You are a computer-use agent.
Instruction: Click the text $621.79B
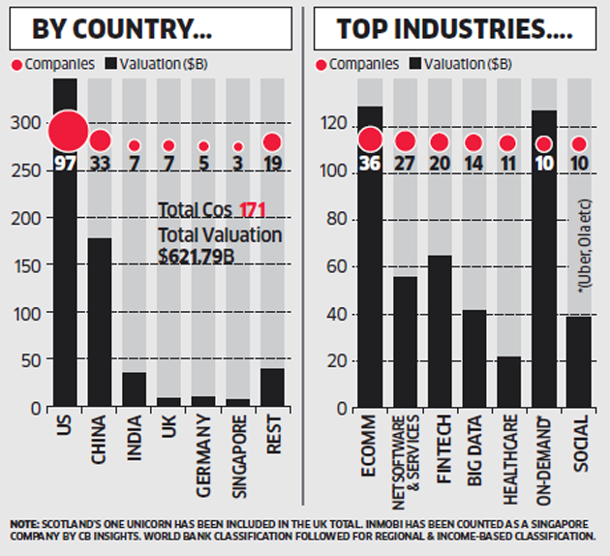[x=198, y=255]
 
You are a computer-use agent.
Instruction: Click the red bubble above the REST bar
[x=272, y=143]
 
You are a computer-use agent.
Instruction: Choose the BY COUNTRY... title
[x=123, y=29]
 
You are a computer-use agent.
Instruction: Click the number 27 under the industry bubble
[x=406, y=162]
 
